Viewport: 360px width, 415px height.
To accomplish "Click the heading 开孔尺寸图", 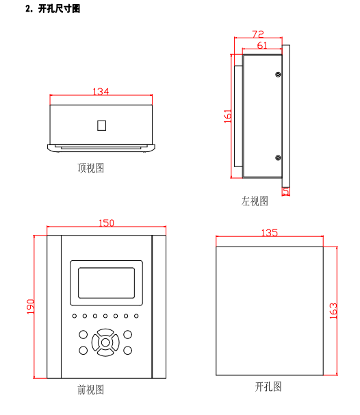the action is [59, 9].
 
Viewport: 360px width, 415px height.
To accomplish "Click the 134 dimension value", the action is [101, 92].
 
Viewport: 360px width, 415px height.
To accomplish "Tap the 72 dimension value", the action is [258, 34].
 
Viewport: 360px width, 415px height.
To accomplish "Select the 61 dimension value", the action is [262, 45].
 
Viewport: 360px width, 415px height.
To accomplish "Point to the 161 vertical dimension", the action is [228, 116].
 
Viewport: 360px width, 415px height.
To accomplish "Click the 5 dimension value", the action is [286, 191].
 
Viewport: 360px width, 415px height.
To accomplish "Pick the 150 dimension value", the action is [106, 223].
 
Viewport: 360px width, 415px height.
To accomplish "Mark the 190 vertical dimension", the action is [31, 307].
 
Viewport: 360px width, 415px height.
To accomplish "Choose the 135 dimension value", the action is [270, 233].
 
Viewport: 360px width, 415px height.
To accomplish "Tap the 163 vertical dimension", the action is [333, 311].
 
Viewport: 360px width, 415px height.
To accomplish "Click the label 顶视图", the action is [91, 168].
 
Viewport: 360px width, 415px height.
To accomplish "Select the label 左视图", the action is [255, 201].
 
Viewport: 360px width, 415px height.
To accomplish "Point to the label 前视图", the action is [91, 390].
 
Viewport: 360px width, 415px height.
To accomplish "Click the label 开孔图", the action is [268, 387].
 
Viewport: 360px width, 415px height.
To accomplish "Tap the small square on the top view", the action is [101, 125].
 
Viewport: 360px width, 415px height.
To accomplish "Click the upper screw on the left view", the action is [278, 75].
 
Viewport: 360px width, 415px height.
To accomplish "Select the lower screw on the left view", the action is [278, 158].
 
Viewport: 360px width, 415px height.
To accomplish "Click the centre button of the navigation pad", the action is [105, 342].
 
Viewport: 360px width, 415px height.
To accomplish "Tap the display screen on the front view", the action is [106, 283].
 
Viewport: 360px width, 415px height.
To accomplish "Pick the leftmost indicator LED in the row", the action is [75, 316].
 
